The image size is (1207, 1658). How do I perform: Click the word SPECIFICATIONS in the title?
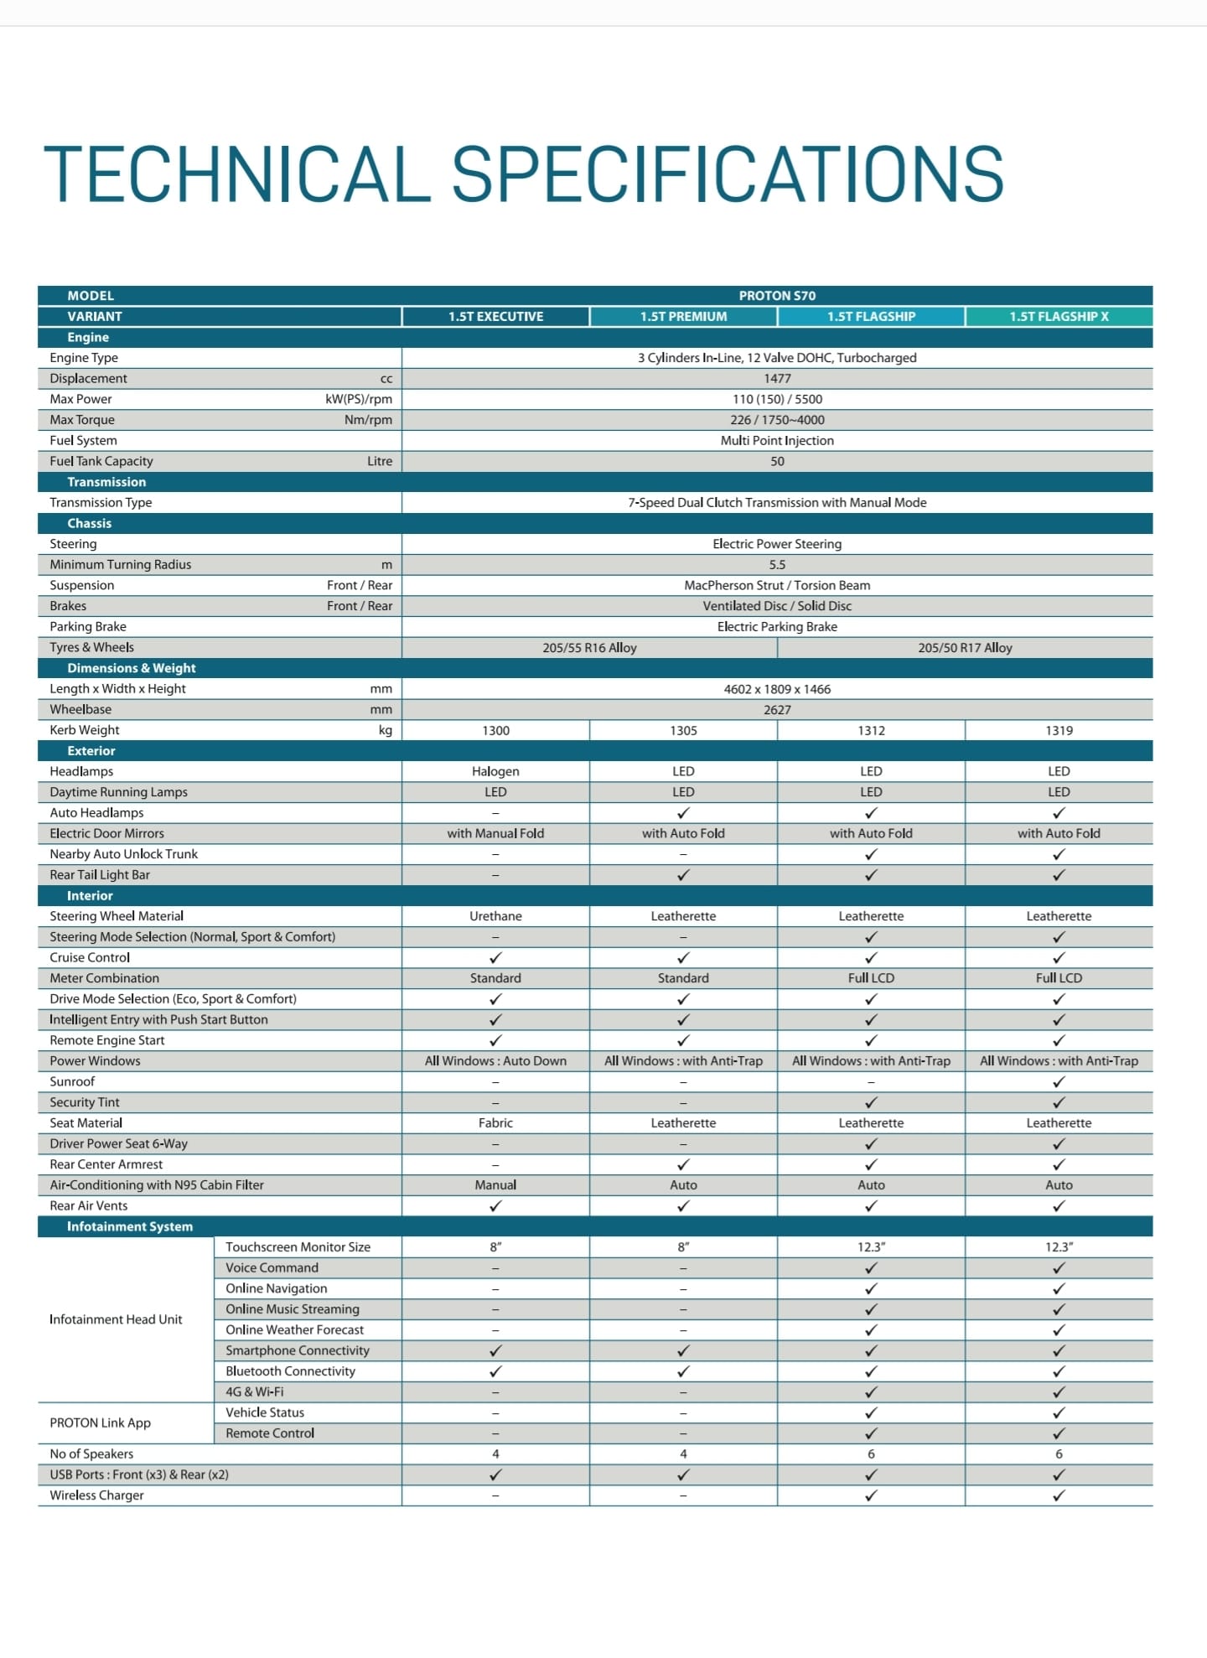[x=728, y=174]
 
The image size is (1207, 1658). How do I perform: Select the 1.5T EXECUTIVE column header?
[x=495, y=317]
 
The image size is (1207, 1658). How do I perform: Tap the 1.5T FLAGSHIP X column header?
[x=1059, y=317]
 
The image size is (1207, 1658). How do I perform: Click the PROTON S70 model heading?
[x=777, y=296]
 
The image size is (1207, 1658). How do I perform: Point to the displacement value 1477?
[x=777, y=379]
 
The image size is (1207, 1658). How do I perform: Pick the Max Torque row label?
[x=82, y=420]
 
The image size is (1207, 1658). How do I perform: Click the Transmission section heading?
[x=106, y=482]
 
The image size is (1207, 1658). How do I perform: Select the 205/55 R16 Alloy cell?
[x=589, y=648]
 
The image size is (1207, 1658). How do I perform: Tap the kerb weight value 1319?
[x=1059, y=731]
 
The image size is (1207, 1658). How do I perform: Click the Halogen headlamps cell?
[x=495, y=772]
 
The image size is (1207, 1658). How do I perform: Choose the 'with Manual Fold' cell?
[x=495, y=834]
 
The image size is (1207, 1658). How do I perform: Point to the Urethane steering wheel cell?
[x=495, y=917]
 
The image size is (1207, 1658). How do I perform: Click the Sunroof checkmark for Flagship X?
[x=1059, y=1082]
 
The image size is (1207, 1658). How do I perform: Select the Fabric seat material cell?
[x=495, y=1123]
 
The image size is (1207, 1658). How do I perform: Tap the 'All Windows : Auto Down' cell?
[x=495, y=1061]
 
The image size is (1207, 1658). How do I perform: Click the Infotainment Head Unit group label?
[x=116, y=1319]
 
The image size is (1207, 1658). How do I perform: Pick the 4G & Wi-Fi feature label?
[x=255, y=1392]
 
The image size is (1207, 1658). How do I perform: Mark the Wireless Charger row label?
[x=96, y=1495]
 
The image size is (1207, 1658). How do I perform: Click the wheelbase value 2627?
[x=777, y=710]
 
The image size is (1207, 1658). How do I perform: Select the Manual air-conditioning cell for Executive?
[x=495, y=1185]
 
